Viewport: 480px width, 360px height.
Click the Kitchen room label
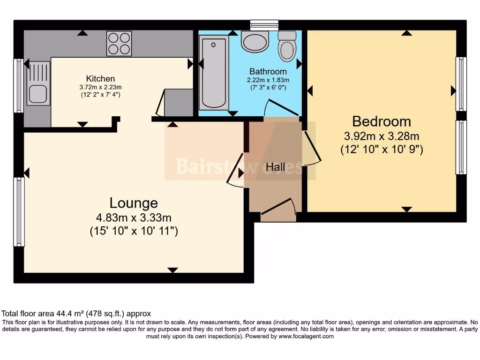coord(100,78)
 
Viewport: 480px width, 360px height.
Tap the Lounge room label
coord(134,203)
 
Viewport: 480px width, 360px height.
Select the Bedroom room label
coord(381,121)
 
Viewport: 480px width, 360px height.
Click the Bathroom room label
coord(268,72)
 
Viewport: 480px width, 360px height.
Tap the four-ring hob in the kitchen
coord(119,43)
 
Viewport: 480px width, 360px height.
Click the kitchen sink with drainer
coord(38,84)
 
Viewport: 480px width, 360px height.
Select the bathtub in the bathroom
coord(214,73)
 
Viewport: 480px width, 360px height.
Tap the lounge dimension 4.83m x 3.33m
coord(134,217)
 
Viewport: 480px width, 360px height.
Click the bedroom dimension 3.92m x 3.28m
coord(381,136)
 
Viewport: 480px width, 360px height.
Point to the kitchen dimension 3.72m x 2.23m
coord(100,87)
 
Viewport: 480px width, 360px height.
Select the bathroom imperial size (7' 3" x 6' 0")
coord(268,87)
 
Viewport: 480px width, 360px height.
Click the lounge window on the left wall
coord(19,211)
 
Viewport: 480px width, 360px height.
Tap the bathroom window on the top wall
coord(264,23)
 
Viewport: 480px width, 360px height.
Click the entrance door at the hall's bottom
coord(277,209)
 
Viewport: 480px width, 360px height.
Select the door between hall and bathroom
coord(280,108)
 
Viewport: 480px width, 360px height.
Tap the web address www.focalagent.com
coord(306,336)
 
